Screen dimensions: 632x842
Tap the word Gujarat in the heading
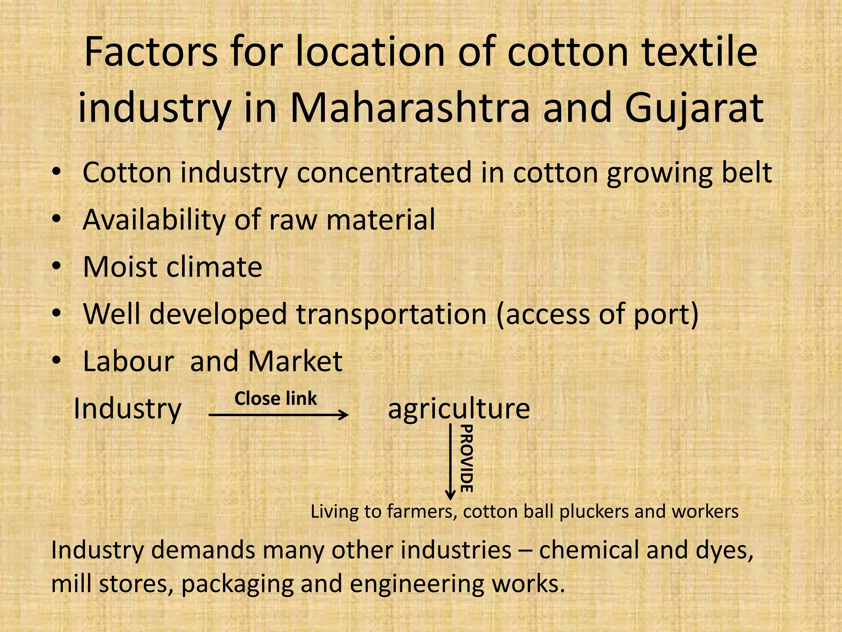(x=694, y=108)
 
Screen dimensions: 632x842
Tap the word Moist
(x=120, y=267)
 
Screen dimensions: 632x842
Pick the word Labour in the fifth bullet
(x=129, y=361)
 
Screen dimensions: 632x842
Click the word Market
(x=295, y=361)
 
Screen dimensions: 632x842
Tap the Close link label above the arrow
(x=275, y=398)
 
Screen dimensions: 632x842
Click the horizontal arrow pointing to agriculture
(x=278, y=415)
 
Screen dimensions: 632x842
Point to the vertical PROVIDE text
(x=466, y=458)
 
